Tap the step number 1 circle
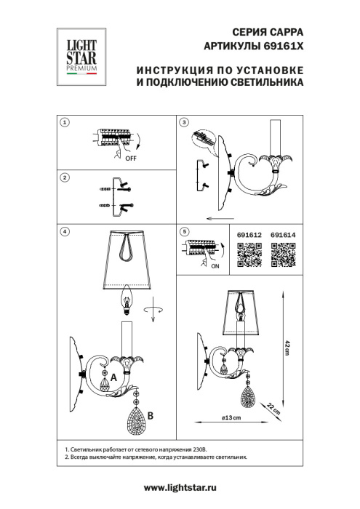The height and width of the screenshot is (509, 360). [65, 123]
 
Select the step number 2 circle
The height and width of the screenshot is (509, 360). [65, 177]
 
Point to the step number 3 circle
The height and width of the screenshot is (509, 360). [184, 123]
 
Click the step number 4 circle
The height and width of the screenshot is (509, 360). [65, 231]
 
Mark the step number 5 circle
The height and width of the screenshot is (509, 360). [184, 231]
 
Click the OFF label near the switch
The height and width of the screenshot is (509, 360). [132, 156]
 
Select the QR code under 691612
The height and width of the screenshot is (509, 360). [249, 255]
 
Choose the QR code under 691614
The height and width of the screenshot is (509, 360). [283, 255]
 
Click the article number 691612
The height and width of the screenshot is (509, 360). [249, 234]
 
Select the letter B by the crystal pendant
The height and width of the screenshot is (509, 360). [150, 416]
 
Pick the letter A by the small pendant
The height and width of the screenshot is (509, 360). [113, 367]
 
